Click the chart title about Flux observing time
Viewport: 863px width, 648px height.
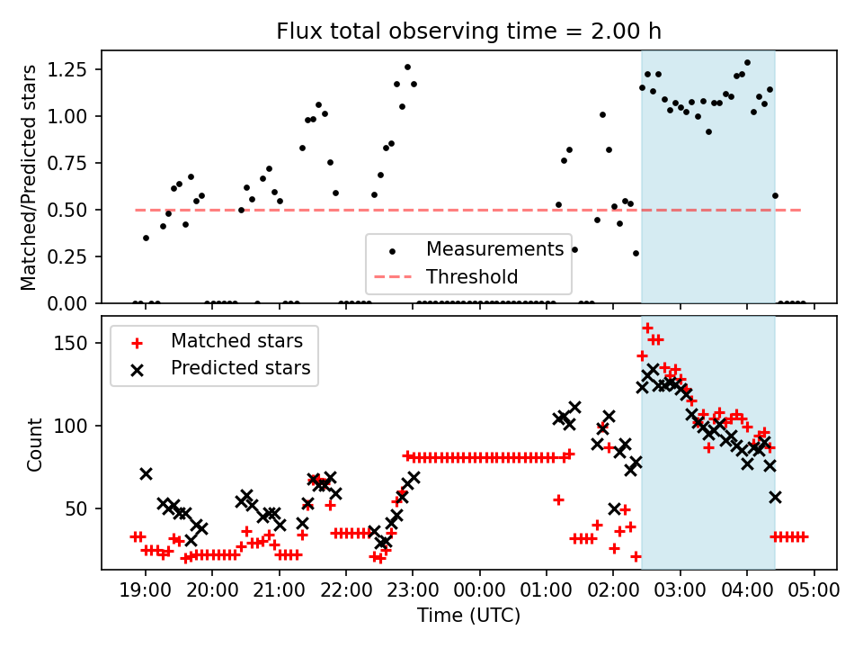coord(468,31)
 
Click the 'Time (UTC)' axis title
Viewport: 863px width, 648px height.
coord(468,616)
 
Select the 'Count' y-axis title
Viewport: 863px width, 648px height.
coord(35,444)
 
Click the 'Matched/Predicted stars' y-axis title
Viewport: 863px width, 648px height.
coord(29,177)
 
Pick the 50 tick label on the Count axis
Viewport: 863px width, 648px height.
coord(81,508)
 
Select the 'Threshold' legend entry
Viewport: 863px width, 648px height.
coord(472,276)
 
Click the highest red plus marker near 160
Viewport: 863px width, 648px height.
coord(647,328)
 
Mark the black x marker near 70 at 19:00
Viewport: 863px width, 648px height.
coord(146,473)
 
